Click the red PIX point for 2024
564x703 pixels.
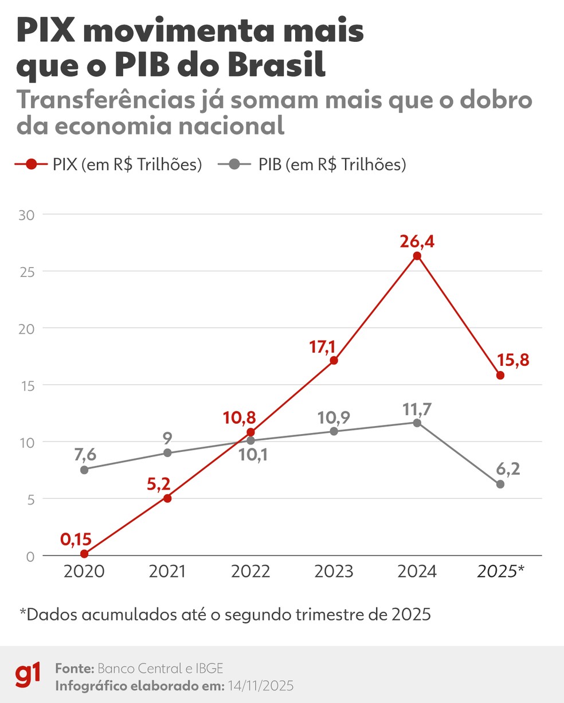coord(417,256)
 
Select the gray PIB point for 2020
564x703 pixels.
coord(84,470)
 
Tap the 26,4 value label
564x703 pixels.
coord(417,241)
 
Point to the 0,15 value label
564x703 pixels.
coord(76,540)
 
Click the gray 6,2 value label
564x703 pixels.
coord(507,468)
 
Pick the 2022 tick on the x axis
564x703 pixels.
coord(250,572)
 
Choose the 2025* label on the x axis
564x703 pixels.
coord(501,572)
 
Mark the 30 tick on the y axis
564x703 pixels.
coord(27,215)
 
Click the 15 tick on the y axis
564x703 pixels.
coord(27,385)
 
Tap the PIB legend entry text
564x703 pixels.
coord(332,165)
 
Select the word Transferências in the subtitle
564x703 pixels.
coord(105,100)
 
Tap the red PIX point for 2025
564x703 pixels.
coord(500,376)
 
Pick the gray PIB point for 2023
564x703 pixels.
coord(334,431)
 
